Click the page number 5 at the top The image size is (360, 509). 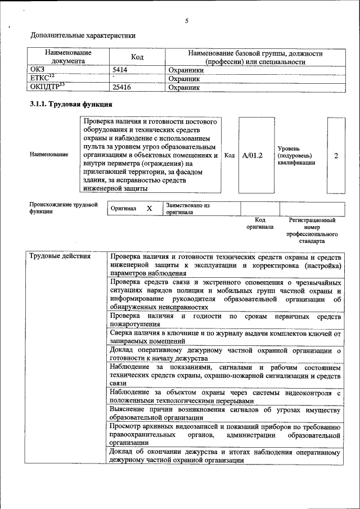point(186,21)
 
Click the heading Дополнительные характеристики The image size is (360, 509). point(83,35)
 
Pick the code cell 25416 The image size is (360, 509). point(123,87)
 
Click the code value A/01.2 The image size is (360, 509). point(253,155)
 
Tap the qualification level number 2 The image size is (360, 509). point(336,155)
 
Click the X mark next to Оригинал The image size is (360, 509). point(149,208)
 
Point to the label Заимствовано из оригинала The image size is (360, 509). point(188,209)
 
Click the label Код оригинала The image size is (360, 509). point(260,223)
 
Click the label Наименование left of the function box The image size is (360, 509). point(49,154)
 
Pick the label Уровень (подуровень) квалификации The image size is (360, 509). point(296,155)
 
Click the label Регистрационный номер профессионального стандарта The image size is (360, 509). point(312,231)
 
